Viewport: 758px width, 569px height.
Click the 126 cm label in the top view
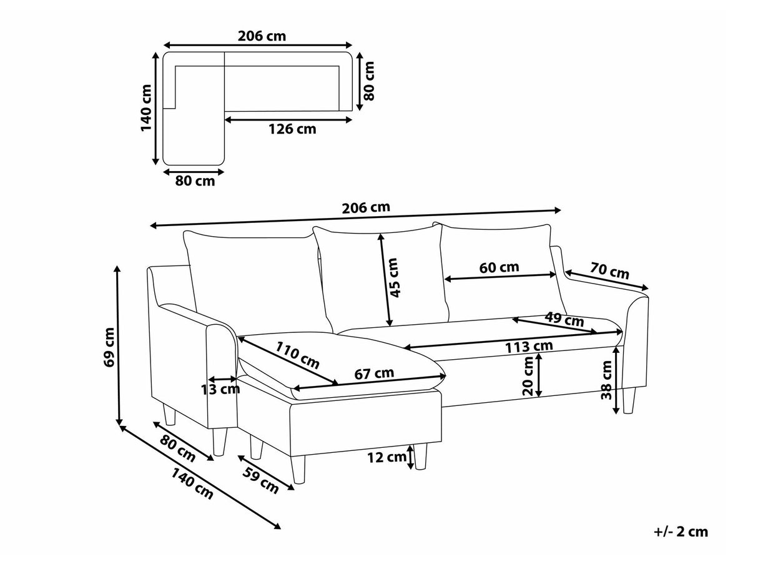pos(292,129)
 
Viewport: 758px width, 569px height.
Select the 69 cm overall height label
pos(109,347)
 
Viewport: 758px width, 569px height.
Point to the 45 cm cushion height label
pos(395,277)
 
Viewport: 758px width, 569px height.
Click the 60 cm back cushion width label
pos(499,267)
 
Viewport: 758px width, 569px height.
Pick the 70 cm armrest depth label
pos(609,270)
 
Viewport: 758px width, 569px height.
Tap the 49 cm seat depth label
pos(564,319)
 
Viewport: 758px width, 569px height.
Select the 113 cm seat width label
pos(529,346)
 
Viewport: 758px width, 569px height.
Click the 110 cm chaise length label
pos(297,355)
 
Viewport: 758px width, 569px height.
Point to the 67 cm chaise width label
pos(374,373)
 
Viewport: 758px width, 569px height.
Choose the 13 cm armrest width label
pos(220,389)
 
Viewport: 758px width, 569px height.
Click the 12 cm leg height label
pos(386,457)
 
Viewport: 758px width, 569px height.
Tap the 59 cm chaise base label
pos(261,480)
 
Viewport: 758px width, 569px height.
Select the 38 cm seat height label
pos(606,380)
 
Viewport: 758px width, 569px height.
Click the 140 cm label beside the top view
pos(147,107)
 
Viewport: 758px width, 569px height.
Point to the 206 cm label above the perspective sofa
pos(366,207)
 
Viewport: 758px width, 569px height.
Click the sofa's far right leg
pos(629,400)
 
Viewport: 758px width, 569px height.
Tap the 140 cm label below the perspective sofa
pos(192,483)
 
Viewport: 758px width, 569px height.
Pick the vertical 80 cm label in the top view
pos(369,81)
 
